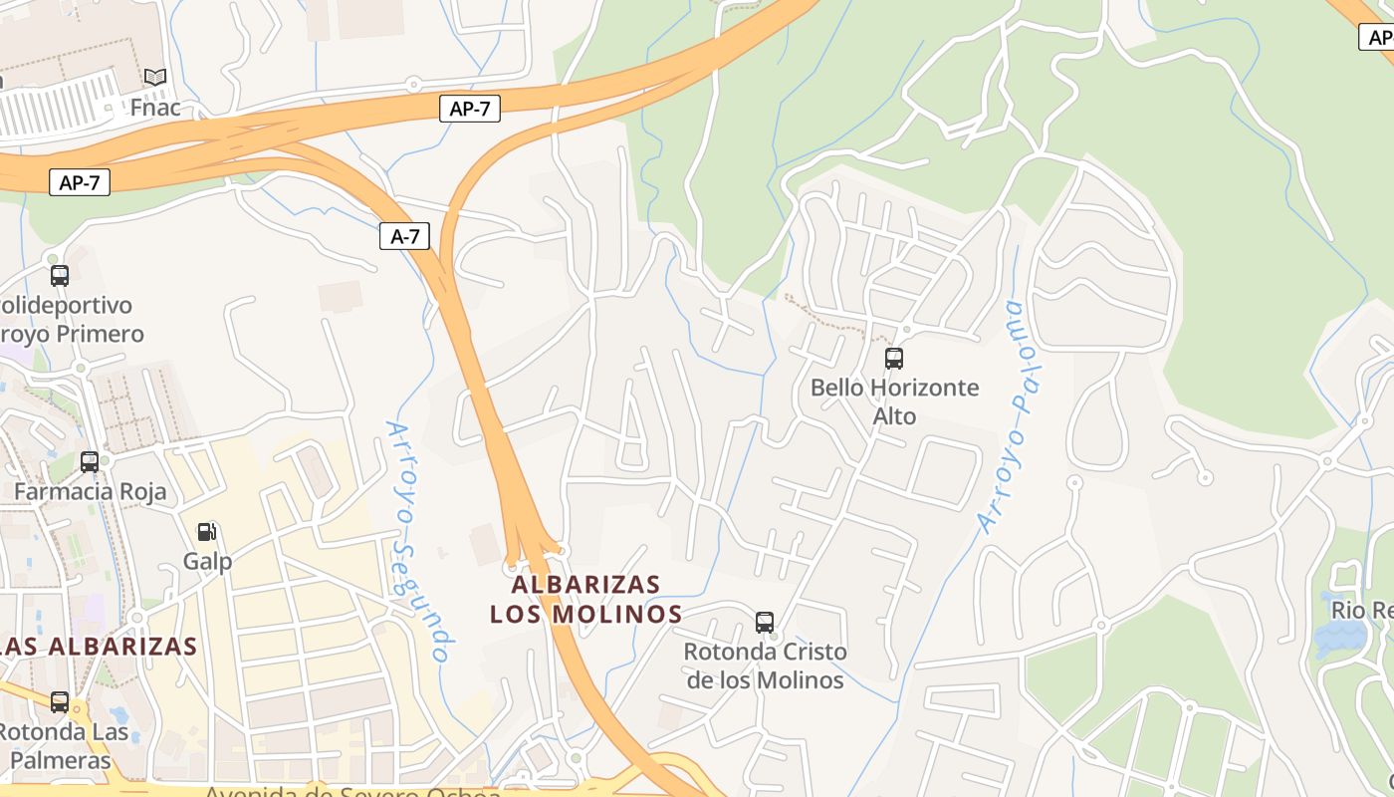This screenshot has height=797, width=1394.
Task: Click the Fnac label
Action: click(155, 107)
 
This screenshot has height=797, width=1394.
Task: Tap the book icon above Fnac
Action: click(154, 77)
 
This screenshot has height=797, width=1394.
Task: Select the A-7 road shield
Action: click(404, 236)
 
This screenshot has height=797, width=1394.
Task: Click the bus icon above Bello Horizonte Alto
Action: click(894, 359)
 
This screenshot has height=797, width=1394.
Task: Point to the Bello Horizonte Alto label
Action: click(894, 400)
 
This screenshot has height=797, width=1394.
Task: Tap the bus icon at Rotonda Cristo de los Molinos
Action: click(765, 623)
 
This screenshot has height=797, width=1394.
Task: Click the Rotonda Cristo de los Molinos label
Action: click(765, 665)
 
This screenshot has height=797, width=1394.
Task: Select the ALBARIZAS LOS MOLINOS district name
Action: click(585, 598)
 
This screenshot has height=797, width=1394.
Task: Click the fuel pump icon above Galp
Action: click(207, 532)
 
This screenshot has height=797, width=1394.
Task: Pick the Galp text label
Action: click(207, 561)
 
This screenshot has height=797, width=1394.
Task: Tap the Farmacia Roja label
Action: click(90, 491)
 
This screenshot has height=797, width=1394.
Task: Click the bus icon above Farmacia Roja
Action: click(90, 461)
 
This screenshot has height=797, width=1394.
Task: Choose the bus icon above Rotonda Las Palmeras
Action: click(60, 702)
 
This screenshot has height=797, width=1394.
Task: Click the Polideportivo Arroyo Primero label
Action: click(70, 319)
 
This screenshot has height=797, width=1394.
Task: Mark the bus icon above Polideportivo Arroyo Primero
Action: click(60, 275)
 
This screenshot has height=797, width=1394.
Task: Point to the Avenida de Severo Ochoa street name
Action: click(353, 791)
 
